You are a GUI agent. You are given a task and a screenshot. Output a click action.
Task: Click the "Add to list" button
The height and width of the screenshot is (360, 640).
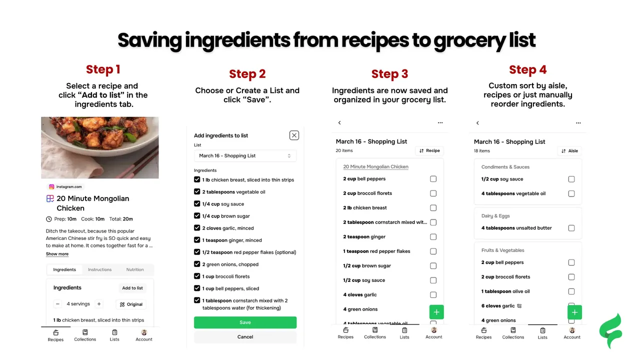pyautogui.click(x=132, y=288)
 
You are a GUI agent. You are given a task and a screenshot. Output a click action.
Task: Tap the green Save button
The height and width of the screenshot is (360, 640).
pyautogui.click(x=245, y=322)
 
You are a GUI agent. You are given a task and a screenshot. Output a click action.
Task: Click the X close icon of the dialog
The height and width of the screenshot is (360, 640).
pyautogui.click(x=294, y=135)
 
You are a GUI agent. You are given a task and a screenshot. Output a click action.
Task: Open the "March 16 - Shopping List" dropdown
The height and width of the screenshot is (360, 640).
pyautogui.click(x=245, y=155)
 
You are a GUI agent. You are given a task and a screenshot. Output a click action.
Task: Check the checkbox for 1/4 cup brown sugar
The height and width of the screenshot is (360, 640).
pyautogui.click(x=197, y=215)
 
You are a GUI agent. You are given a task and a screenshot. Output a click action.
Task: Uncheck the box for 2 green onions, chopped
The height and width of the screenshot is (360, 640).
pyautogui.click(x=197, y=264)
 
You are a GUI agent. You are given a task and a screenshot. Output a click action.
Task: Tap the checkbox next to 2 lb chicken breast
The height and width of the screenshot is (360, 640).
pyautogui.click(x=433, y=207)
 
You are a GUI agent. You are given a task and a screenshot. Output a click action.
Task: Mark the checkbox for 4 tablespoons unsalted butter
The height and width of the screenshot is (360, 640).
pyautogui.click(x=571, y=228)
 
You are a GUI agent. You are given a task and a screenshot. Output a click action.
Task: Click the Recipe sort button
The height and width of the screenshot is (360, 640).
pyautogui.click(x=429, y=150)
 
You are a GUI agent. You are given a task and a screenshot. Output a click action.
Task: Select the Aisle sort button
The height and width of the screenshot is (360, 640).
pyautogui.click(x=569, y=151)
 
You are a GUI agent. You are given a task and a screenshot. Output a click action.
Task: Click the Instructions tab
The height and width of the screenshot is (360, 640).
pyautogui.click(x=99, y=269)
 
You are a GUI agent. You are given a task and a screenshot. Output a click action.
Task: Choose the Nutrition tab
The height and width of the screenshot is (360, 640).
pyautogui.click(x=135, y=269)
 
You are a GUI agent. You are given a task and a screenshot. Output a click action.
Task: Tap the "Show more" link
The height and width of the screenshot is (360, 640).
pyautogui.click(x=57, y=253)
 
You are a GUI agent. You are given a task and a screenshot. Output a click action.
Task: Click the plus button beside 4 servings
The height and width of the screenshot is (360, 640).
pyautogui.click(x=99, y=303)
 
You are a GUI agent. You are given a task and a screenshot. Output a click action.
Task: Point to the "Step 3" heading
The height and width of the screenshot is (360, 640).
pyautogui.click(x=389, y=73)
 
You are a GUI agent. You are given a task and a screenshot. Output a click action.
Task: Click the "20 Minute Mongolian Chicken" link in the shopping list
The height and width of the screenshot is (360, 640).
pyautogui.click(x=375, y=166)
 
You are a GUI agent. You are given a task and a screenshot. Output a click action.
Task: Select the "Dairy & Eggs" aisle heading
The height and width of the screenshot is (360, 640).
pyautogui.click(x=495, y=215)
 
